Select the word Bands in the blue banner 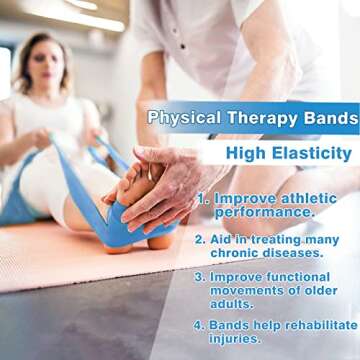coord(326,117)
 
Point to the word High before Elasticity coord(244,153)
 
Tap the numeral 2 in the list coord(200,239)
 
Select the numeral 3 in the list coord(200,276)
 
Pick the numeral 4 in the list coord(200,325)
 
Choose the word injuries coord(243,338)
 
